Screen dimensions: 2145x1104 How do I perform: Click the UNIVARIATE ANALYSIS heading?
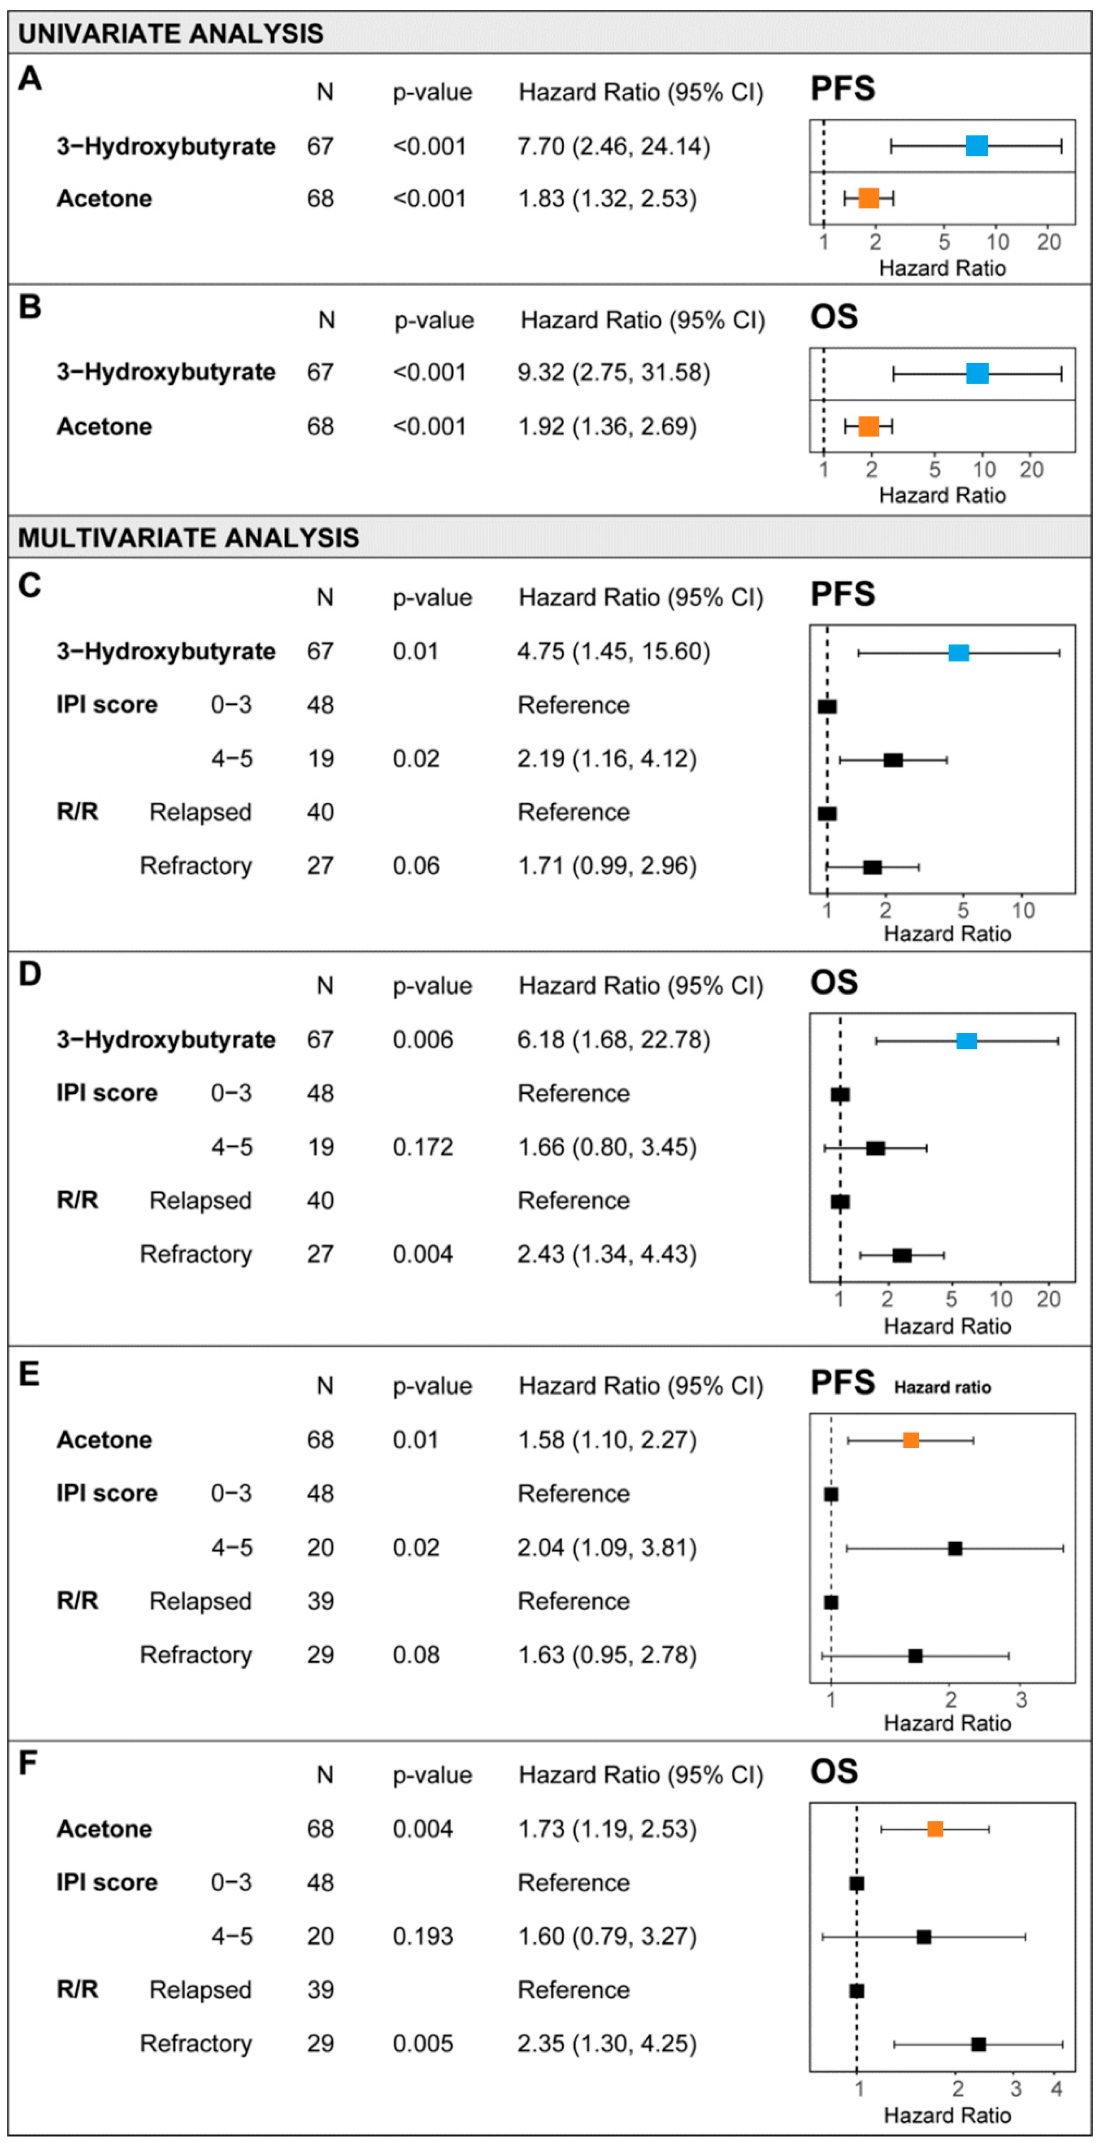(x=171, y=33)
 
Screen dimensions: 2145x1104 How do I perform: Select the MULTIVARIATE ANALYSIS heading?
(x=189, y=538)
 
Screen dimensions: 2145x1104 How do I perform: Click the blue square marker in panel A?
(x=977, y=147)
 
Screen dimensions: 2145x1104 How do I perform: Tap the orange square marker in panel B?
(x=869, y=426)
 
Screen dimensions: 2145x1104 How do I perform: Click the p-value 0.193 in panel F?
(x=423, y=1936)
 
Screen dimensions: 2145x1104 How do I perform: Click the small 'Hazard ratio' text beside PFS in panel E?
(x=943, y=1387)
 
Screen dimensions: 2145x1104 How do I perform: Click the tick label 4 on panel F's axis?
(x=1056, y=2088)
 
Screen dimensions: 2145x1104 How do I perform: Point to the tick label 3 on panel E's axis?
(x=1021, y=1700)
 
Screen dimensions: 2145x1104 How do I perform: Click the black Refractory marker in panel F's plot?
(x=978, y=2044)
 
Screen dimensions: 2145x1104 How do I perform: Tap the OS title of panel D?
(x=834, y=983)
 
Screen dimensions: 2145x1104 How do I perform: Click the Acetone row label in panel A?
(x=104, y=199)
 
